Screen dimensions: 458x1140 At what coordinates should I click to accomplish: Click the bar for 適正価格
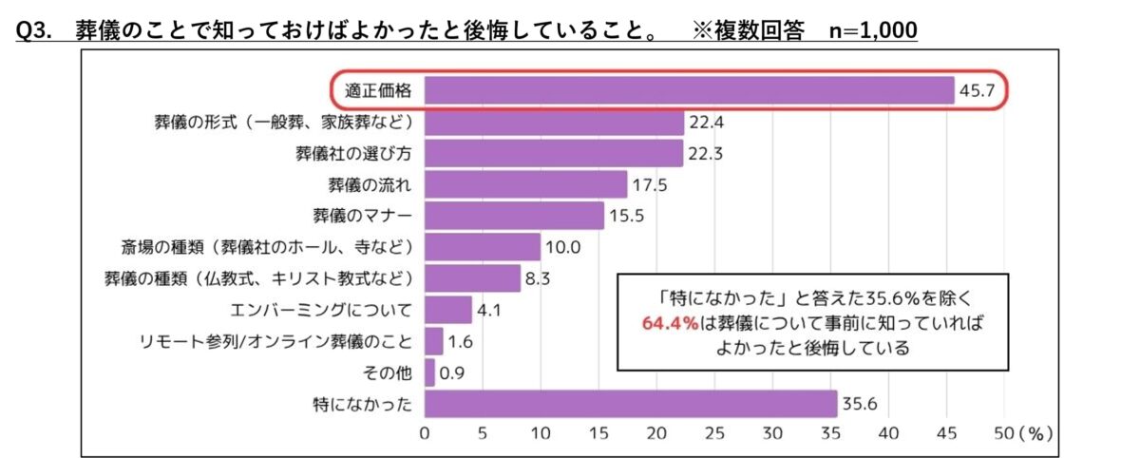pyautogui.click(x=689, y=90)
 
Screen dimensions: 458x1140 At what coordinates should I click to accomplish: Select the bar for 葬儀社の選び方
pyautogui.click(x=554, y=153)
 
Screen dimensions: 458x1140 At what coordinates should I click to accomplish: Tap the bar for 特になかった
pyautogui.click(x=631, y=404)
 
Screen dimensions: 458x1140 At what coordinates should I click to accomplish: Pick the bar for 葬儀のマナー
pyautogui.click(x=514, y=216)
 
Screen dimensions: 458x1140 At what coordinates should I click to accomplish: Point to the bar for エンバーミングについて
pyautogui.click(x=447, y=310)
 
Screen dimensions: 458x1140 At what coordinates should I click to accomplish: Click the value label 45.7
pyautogui.click(x=978, y=91)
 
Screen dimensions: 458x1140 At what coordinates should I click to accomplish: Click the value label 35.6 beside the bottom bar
pyautogui.click(x=860, y=404)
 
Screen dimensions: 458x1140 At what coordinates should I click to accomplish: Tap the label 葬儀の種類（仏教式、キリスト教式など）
pyautogui.click(x=258, y=278)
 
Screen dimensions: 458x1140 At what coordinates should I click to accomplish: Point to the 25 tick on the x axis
pyautogui.click(x=714, y=433)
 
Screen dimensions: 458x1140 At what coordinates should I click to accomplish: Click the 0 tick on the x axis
pyautogui.click(x=425, y=433)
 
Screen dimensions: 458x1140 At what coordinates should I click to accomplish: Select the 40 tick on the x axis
pyautogui.click(x=888, y=433)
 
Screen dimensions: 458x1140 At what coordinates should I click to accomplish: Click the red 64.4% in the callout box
pyautogui.click(x=670, y=323)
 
